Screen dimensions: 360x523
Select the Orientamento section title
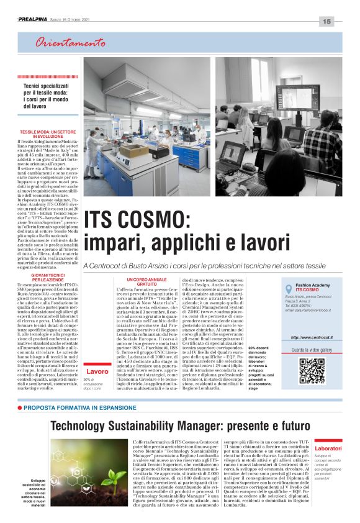click(70, 43)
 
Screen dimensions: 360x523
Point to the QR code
click(312, 371)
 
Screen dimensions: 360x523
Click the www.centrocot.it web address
click(312, 337)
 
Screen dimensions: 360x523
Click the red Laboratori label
click(328, 448)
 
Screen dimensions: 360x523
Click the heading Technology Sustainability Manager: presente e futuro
click(181, 425)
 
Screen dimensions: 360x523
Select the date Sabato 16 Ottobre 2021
click(76, 20)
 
